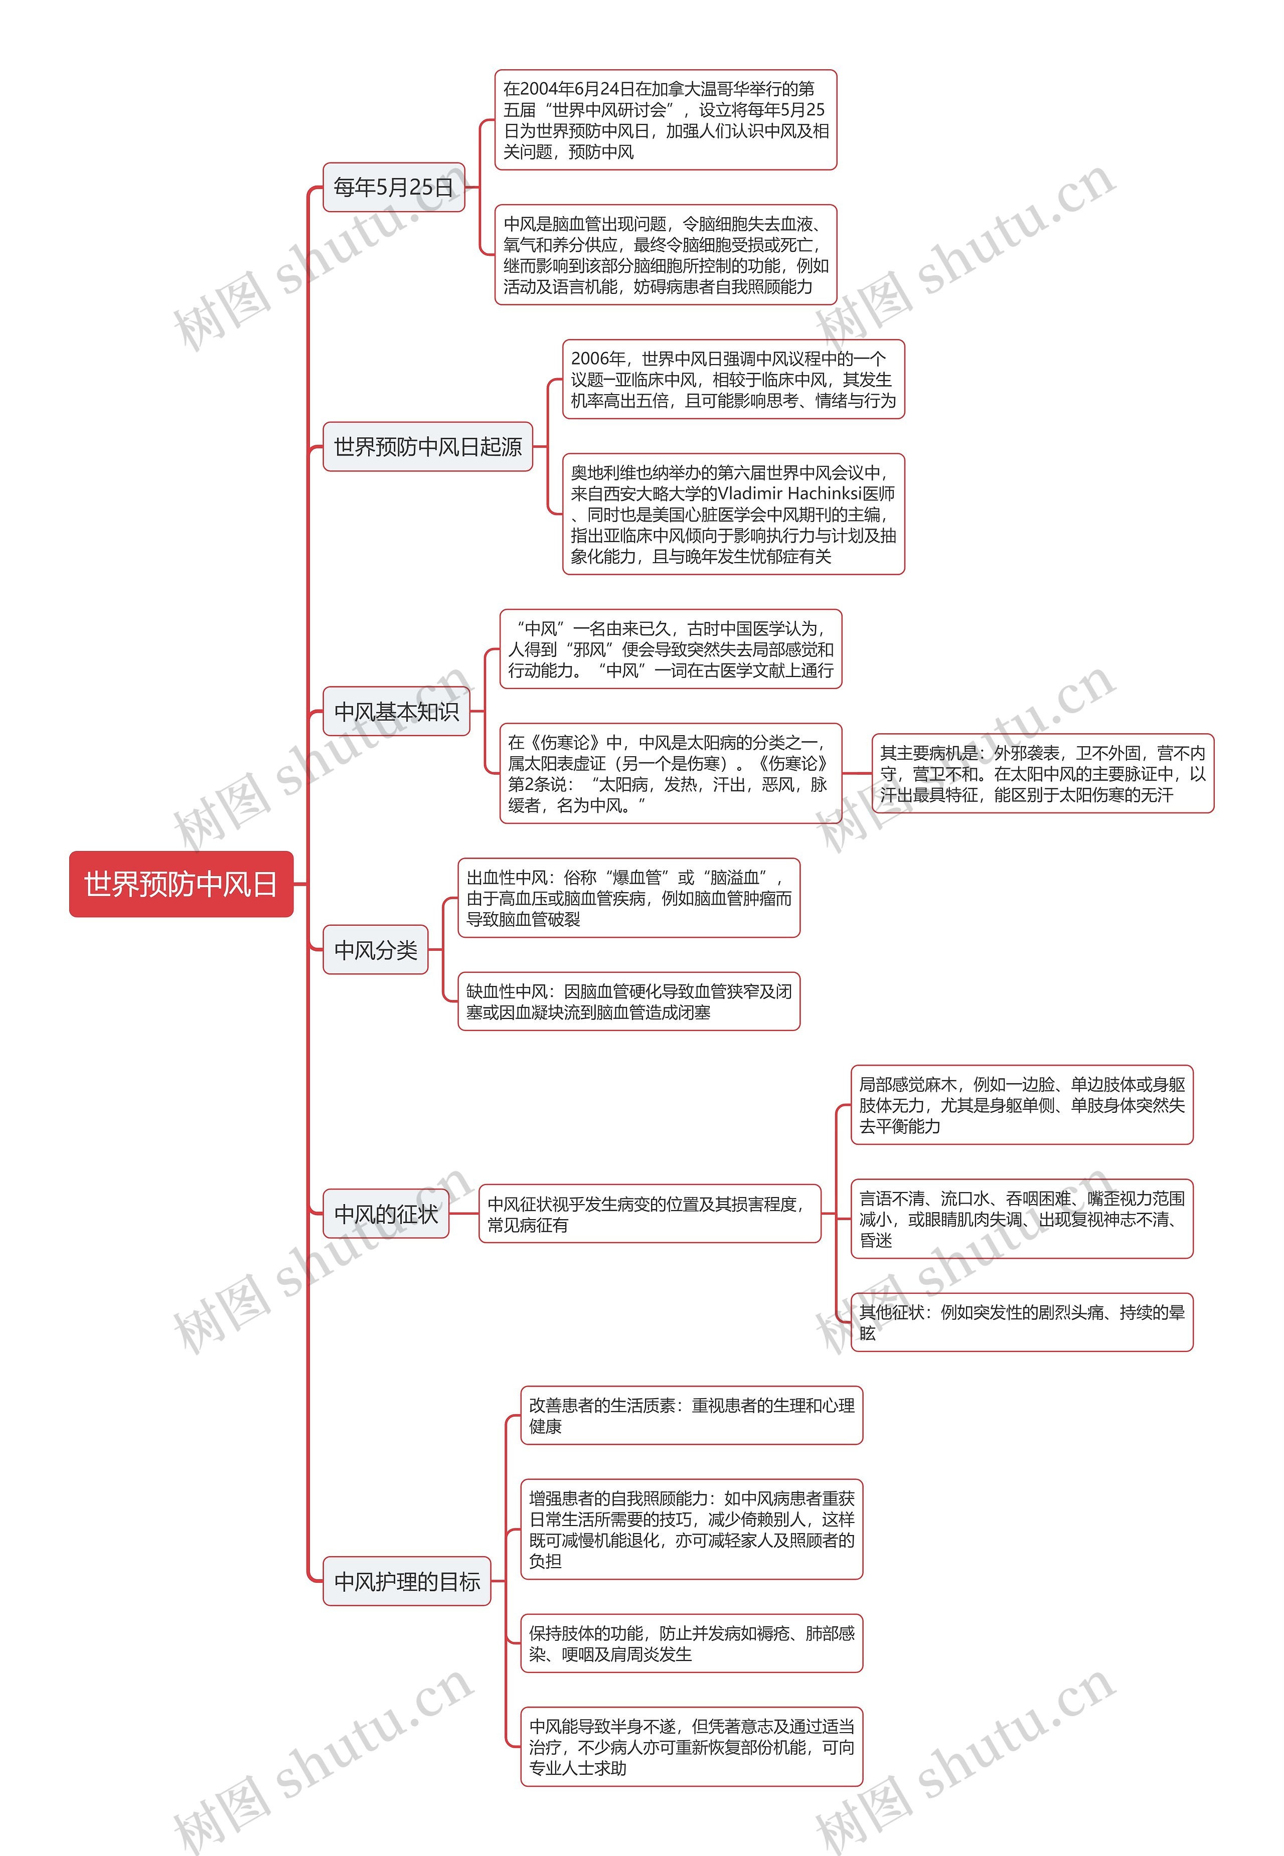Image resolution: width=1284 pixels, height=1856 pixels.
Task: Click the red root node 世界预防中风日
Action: pos(181,884)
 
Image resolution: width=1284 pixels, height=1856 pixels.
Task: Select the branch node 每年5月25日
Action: pos(393,188)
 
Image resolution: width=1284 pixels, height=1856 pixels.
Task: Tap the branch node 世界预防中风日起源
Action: pos(427,446)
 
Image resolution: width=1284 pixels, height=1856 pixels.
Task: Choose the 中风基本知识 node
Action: pos(396,711)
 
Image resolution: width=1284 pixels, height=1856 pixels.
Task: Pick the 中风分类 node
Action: pos(375,950)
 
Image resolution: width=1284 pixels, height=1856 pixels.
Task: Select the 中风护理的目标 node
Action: pos(406,1581)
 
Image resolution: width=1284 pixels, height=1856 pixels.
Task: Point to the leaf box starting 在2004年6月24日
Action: pos(666,120)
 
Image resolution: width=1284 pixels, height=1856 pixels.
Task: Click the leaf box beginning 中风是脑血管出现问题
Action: pos(666,255)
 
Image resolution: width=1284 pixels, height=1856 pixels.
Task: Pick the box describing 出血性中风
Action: pos(628,898)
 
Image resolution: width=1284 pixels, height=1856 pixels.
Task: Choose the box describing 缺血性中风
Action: pos(628,1001)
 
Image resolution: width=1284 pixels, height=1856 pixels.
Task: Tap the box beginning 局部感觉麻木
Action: pos(1022,1105)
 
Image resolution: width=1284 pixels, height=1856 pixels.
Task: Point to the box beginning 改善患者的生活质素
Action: pos(691,1415)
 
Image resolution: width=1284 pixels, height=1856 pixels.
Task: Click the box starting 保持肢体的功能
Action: pos(691,1643)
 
